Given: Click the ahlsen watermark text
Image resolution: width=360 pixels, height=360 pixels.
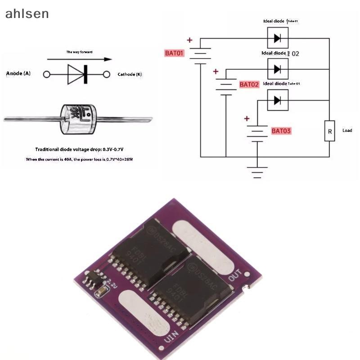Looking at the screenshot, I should [x=27, y=13].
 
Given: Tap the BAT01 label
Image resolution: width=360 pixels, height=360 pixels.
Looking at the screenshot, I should [x=175, y=53].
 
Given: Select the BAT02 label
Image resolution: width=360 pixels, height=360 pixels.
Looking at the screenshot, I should [x=249, y=84].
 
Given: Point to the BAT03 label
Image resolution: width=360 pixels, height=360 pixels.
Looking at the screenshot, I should [x=281, y=131].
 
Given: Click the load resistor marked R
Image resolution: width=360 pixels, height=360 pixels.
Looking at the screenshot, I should [x=329, y=131].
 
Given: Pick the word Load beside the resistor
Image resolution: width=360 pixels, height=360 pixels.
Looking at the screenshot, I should [x=347, y=130].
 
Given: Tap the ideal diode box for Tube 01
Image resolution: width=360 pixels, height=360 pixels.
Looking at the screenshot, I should [x=278, y=38].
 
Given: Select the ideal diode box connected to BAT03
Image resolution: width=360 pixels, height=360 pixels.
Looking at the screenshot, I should [x=278, y=100].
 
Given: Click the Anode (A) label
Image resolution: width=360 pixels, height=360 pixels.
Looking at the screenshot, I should [x=18, y=73].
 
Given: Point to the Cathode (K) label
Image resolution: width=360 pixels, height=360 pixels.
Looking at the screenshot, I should [x=130, y=74].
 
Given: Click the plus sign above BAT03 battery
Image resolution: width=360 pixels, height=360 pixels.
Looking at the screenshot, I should [x=246, y=119].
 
